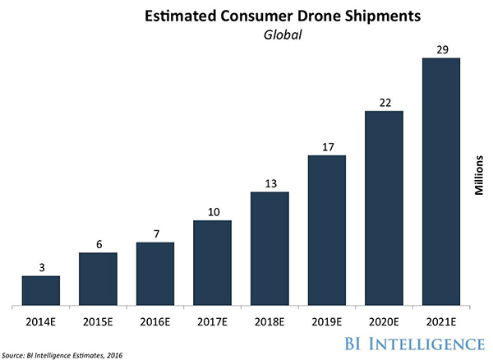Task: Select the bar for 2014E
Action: (41, 289)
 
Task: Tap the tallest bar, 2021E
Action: (441, 181)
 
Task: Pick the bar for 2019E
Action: (327, 229)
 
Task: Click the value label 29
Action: (441, 50)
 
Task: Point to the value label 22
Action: (384, 103)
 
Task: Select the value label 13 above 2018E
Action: (270, 184)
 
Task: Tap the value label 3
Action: (41, 268)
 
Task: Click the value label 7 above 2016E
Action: (155, 234)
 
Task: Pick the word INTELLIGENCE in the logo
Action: (428, 341)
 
